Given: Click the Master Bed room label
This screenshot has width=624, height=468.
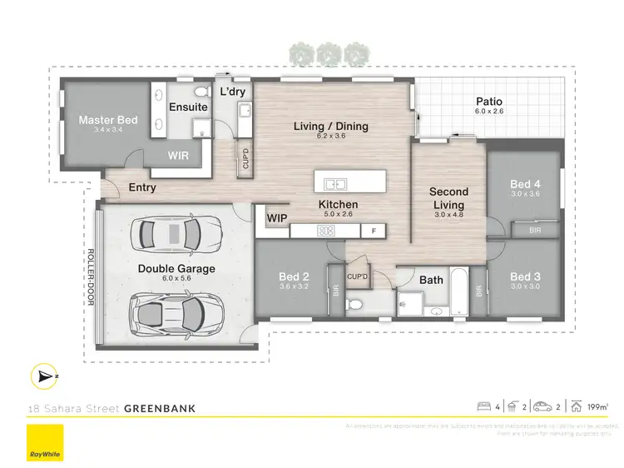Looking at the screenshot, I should [108, 121].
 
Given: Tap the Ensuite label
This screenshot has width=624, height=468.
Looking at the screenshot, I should [188, 107].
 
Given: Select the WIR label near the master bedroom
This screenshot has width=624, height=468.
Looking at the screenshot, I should [179, 155].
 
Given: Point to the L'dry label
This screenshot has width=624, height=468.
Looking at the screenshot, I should [232, 92].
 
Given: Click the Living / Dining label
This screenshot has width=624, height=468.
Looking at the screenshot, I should [330, 127].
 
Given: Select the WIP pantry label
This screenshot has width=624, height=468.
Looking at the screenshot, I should [276, 218].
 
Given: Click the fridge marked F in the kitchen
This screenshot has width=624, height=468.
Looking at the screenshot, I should [374, 230].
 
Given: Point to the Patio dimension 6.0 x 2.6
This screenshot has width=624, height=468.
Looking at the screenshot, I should [489, 112].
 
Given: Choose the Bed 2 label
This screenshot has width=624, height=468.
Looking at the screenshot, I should [294, 276].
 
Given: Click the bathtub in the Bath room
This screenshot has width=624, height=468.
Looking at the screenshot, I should [459, 293].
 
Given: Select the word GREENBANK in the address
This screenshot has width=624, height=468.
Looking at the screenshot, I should [160, 408].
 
